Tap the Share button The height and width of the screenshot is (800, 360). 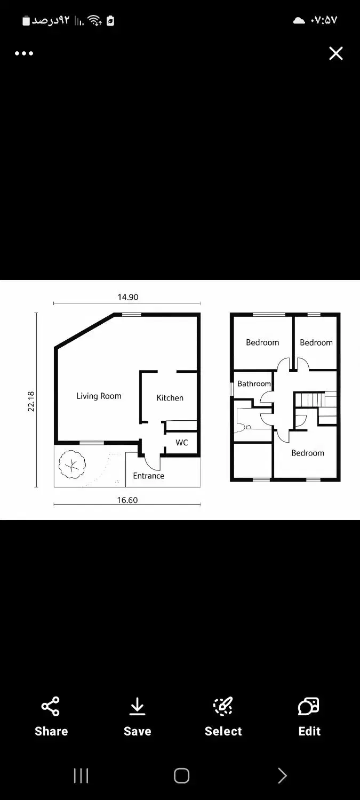click(51, 716)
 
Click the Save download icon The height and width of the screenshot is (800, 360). click(137, 707)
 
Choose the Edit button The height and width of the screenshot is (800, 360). click(309, 716)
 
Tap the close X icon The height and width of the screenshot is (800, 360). click(335, 53)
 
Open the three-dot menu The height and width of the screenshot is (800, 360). click(24, 53)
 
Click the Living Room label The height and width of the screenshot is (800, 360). click(99, 396)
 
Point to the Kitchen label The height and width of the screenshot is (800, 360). click(170, 398)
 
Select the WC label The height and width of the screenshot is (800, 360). click(182, 443)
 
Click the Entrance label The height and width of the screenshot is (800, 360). click(149, 476)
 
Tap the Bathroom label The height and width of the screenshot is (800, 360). click(254, 383)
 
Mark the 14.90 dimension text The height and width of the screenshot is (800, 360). click(128, 297)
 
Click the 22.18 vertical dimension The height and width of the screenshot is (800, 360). click(31, 402)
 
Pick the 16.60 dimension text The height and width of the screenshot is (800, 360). click(127, 500)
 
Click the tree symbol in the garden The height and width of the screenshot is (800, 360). click(72, 465)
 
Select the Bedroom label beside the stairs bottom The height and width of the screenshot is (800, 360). click(308, 453)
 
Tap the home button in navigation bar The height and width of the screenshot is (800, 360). click(181, 775)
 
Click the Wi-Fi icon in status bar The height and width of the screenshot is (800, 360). click(94, 20)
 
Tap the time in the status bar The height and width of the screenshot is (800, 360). click(324, 20)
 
